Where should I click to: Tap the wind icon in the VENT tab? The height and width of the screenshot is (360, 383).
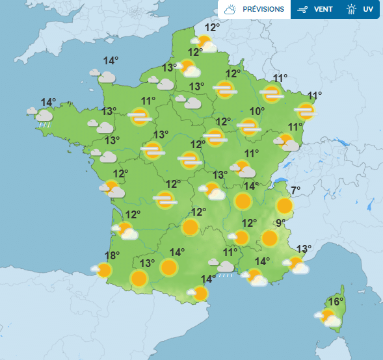[302, 10]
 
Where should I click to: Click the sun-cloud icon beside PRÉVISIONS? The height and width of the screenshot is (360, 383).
[230, 10]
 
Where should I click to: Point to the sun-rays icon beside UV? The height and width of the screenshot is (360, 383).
[351, 10]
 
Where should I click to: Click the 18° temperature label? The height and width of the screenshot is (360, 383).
[112, 256]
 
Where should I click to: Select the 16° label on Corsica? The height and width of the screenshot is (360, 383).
[336, 302]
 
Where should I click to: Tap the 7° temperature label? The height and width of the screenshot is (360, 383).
[296, 191]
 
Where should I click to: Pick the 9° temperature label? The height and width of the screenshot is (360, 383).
[281, 224]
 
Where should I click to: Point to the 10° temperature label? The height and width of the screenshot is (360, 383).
[258, 112]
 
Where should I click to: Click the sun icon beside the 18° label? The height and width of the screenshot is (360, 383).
[104, 270]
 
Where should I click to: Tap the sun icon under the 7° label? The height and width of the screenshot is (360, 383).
[284, 207]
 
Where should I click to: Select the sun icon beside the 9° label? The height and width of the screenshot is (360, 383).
[270, 238]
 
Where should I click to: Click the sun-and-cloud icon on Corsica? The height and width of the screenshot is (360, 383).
[329, 318]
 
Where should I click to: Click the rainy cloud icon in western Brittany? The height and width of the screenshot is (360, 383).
[43, 117]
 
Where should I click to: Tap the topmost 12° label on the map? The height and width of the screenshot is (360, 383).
[212, 28]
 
